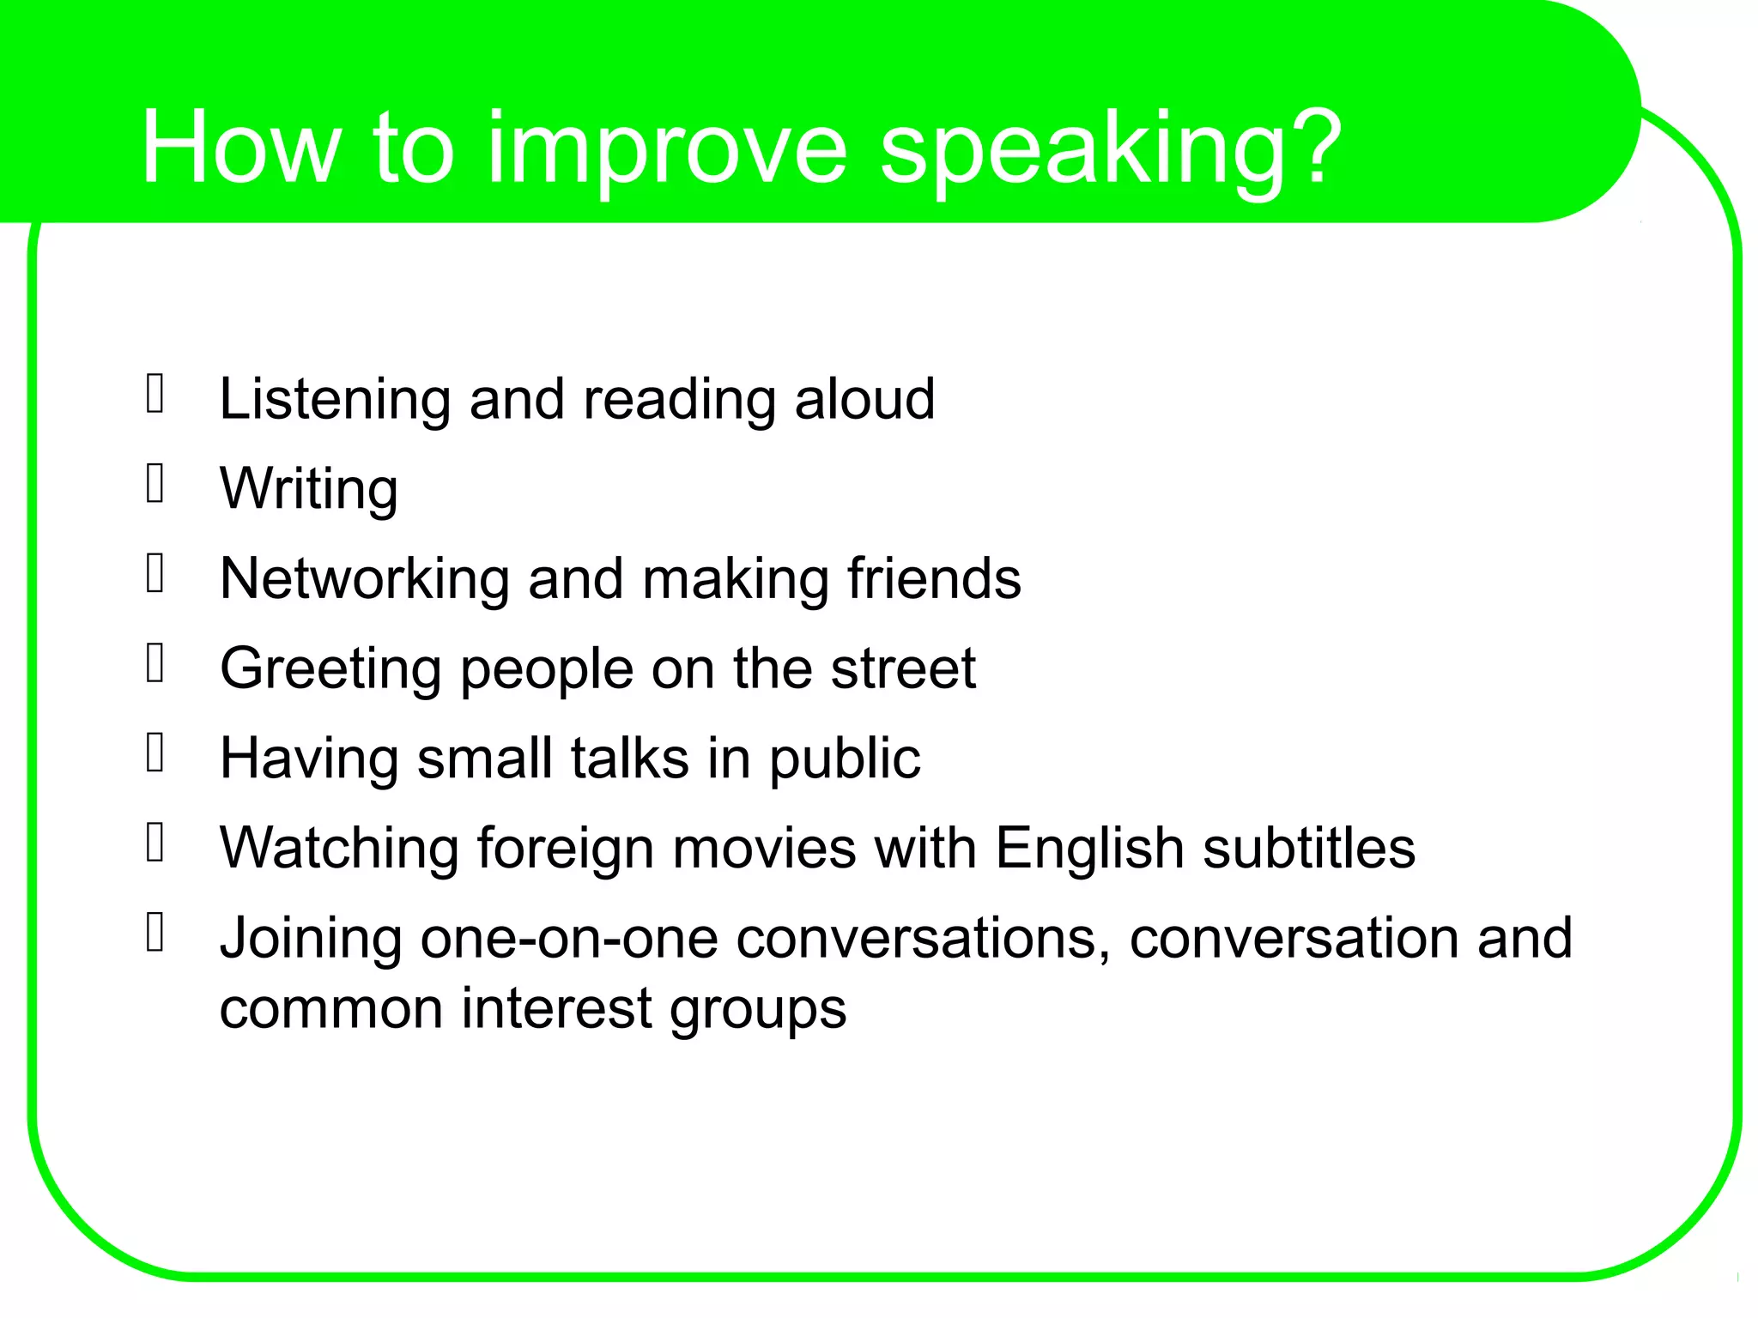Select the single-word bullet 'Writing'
coord(309,489)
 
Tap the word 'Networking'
coord(364,578)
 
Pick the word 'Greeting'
coord(330,669)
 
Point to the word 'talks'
coord(630,759)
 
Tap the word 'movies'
coord(764,849)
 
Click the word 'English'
coord(1089,849)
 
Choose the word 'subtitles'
coord(1308,849)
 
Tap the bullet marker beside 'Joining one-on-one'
coord(155,933)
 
